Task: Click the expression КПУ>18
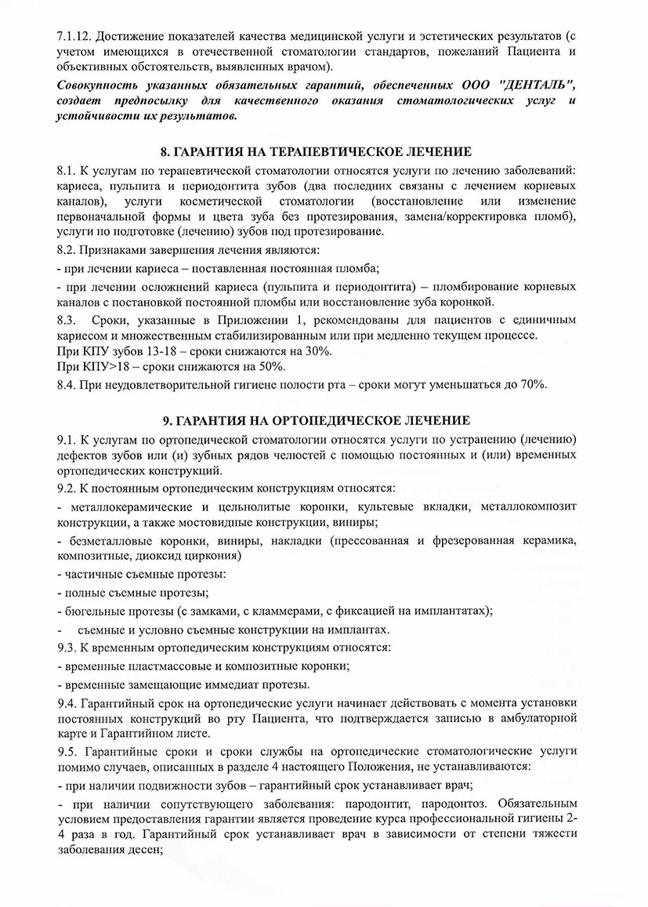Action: [x=100, y=366]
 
